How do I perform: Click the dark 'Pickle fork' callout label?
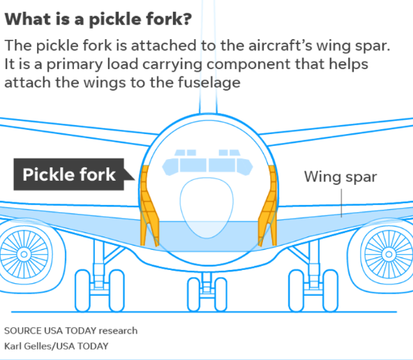coord(69,174)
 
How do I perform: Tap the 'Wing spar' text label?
coord(340,177)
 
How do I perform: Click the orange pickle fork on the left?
coord(149,205)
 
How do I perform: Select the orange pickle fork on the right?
coord(269,205)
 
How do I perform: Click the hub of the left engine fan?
coord(24,255)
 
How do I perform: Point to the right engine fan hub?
coord(389,255)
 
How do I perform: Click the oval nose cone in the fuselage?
coord(206,208)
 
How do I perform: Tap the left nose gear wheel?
coord(194,294)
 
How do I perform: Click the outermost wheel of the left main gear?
coord(83,291)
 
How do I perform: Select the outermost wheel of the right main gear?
coord(330,291)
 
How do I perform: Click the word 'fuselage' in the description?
coord(209,82)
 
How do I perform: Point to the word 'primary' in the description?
coord(75,64)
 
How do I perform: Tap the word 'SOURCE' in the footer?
coord(23,331)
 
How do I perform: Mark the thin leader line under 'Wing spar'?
coord(341,203)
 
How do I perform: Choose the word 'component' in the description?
coord(248,64)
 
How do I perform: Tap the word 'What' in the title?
coord(28,20)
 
